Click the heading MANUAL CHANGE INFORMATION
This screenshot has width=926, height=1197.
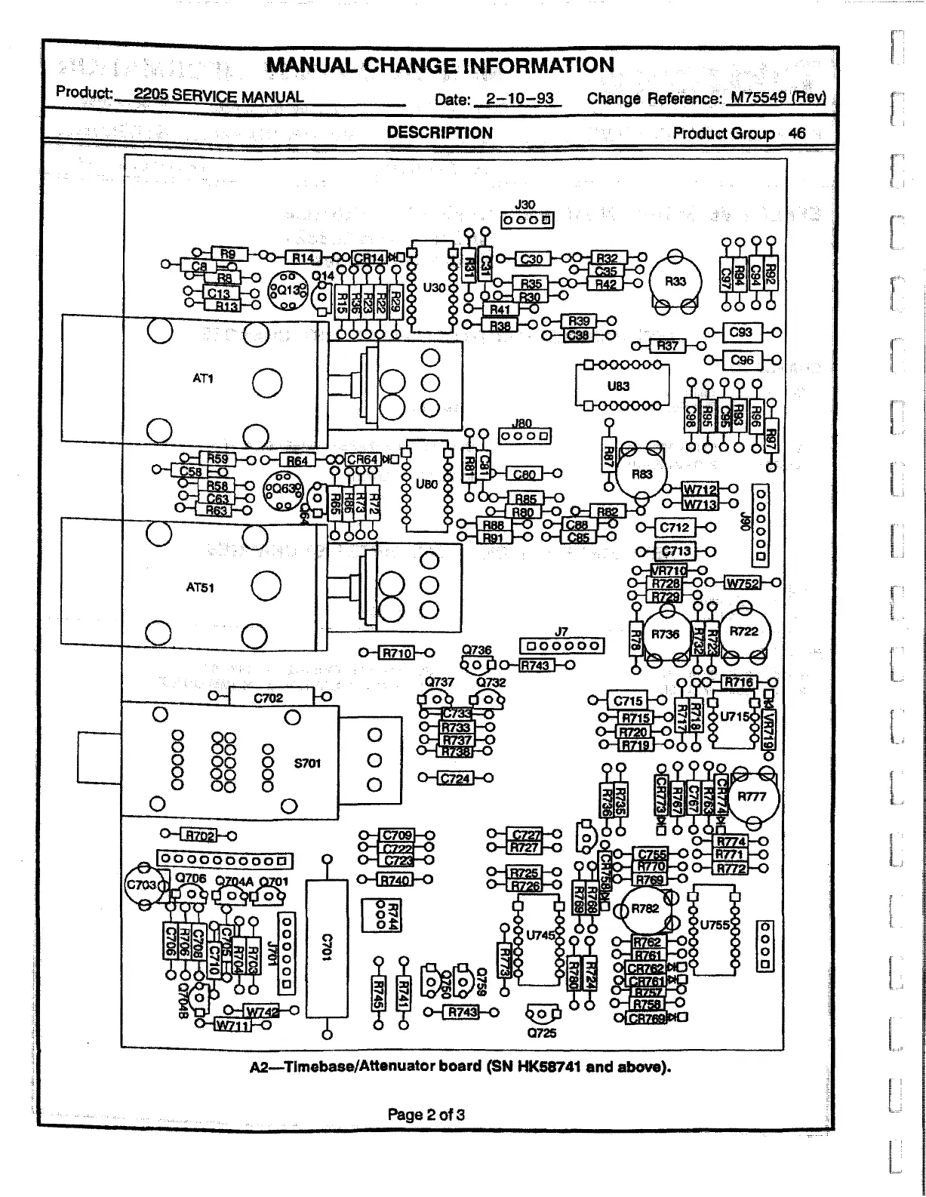[x=440, y=66]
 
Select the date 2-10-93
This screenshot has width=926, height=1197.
[x=519, y=99]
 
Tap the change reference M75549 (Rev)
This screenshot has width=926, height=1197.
[x=778, y=98]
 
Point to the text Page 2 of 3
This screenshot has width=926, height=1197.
[x=426, y=1114]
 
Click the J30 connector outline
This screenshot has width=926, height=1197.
[x=528, y=220]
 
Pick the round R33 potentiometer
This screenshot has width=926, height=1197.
[x=675, y=282]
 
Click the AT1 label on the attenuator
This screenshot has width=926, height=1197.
[x=203, y=378]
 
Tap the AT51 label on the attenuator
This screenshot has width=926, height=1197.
[x=200, y=586]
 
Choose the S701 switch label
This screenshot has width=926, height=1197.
[x=308, y=763]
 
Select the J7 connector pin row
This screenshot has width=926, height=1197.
[x=562, y=646]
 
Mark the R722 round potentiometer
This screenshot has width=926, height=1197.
[x=744, y=632]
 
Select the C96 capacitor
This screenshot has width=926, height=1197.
[x=743, y=360]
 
